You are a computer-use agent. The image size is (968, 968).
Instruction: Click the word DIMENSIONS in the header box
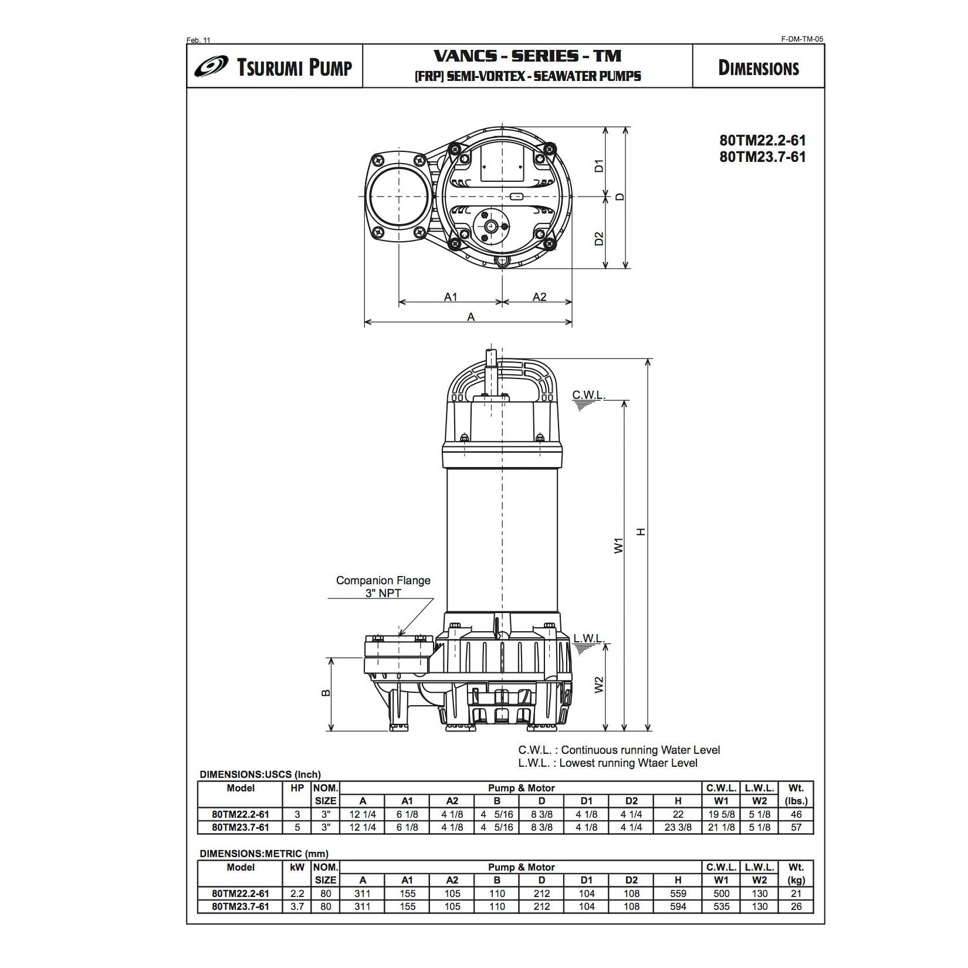tap(758, 68)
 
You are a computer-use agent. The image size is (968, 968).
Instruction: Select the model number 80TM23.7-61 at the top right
tap(762, 157)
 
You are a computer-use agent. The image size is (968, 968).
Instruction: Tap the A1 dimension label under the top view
tap(450, 297)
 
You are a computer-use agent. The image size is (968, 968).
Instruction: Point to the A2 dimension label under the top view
tap(539, 297)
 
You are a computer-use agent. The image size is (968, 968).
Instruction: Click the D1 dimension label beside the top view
tap(599, 166)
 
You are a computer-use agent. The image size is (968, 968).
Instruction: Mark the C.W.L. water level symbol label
tap(588, 395)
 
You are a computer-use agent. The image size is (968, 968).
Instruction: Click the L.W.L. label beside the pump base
tap(589, 638)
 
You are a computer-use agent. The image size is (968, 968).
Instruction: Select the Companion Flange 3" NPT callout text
tap(383, 587)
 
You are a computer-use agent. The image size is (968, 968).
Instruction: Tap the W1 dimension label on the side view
tap(618, 546)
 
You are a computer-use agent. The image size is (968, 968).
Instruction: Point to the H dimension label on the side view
tap(641, 532)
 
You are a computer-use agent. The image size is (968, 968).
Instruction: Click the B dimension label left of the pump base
tap(327, 693)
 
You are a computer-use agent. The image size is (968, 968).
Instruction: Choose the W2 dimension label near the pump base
tap(599, 685)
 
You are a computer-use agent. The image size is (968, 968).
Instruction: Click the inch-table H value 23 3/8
tap(678, 827)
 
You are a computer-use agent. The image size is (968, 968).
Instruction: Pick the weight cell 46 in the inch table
tap(796, 814)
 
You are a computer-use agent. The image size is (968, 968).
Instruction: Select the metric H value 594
tap(678, 906)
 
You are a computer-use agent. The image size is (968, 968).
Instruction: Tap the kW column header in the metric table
tap(297, 867)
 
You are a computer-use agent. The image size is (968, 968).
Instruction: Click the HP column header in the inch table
tap(297, 788)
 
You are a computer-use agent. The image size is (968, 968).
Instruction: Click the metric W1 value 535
tap(721, 906)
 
